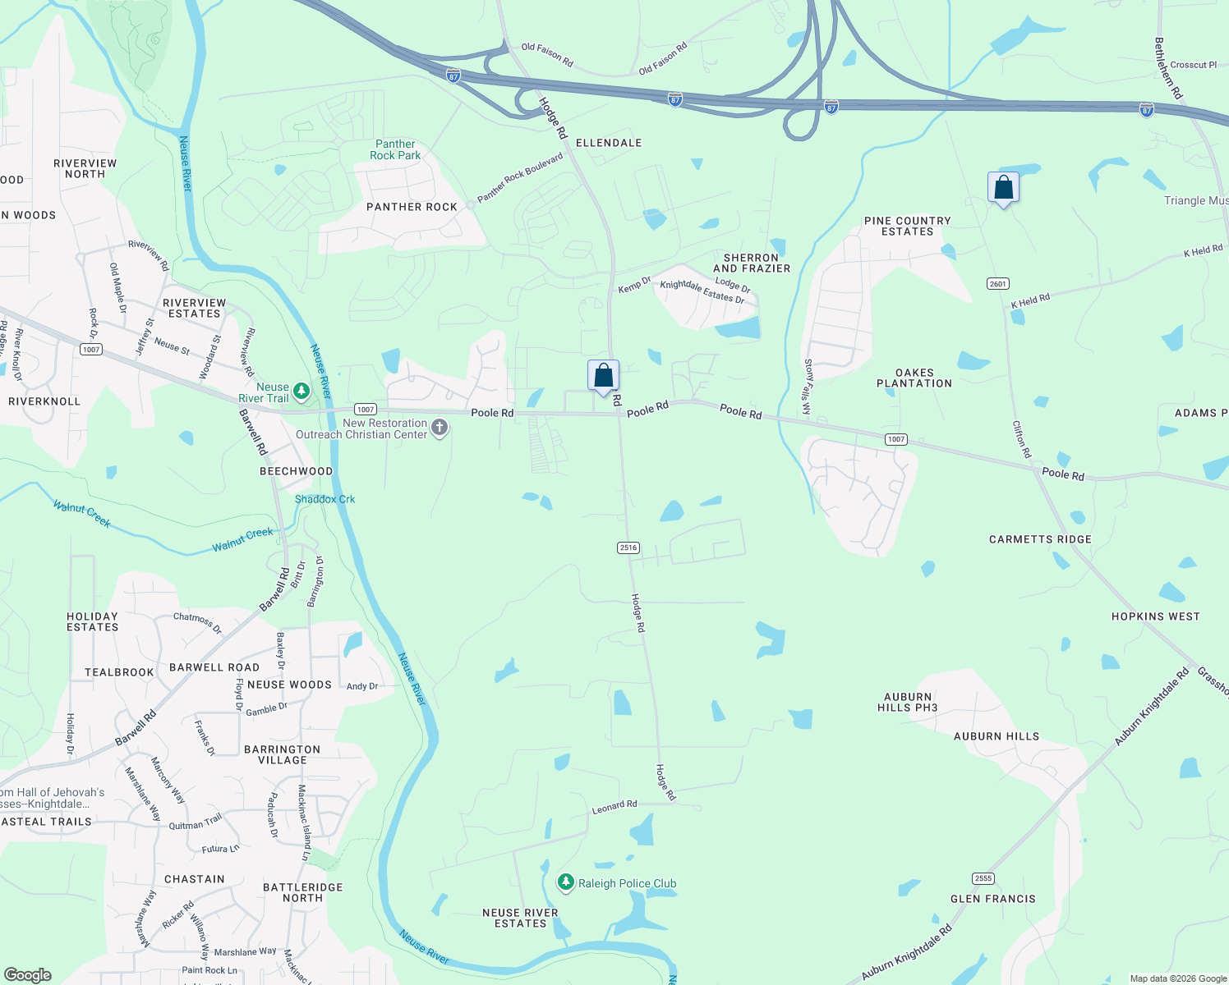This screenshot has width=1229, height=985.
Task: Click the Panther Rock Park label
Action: pyautogui.click(x=395, y=149)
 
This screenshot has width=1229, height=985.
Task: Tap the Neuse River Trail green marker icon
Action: pyautogui.click(x=301, y=391)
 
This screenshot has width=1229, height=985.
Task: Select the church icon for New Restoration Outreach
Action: pyautogui.click(x=440, y=427)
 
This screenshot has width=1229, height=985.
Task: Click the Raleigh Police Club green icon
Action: pyautogui.click(x=565, y=882)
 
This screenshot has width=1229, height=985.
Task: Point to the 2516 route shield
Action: pyautogui.click(x=628, y=547)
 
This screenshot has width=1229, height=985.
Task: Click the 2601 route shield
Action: pyautogui.click(x=997, y=284)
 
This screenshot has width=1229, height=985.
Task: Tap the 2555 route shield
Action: pyautogui.click(x=983, y=878)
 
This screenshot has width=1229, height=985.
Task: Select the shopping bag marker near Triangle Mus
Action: pyautogui.click(x=1003, y=188)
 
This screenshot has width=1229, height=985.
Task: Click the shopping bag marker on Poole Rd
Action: pyautogui.click(x=603, y=376)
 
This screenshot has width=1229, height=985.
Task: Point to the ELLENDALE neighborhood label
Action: pyautogui.click(x=609, y=143)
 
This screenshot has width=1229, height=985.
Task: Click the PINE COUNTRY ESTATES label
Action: pyautogui.click(x=907, y=226)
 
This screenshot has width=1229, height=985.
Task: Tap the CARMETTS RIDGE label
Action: pyautogui.click(x=1040, y=539)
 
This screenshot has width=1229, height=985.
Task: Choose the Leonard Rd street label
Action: pyautogui.click(x=614, y=807)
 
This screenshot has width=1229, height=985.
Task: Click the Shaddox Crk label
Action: pyautogui.click(x=325, y=499)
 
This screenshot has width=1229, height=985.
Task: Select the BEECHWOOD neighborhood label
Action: pyautogui.click(x=296, y=471)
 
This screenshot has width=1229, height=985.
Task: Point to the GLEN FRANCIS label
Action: pyautogui.click(x=992, y=899)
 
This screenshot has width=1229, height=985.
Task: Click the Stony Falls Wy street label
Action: pyautogui.click(x=808, y=387)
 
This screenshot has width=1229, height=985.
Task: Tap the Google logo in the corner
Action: pyautogui.click(x=28, y=974)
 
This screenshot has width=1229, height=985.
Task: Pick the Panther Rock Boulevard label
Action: pyautogui.click(x=520, y=177)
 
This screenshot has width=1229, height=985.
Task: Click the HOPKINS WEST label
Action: pyautogui.click(x=1155, y=616)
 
